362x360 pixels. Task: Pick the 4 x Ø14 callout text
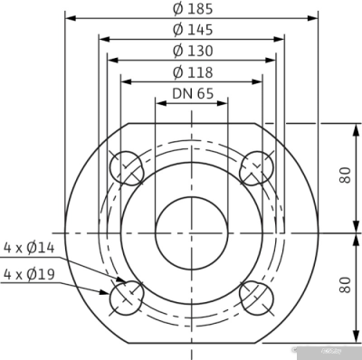(x=30, y=246)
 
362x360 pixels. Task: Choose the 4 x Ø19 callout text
(x=30, y=272)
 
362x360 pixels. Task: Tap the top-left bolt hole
(x=126, y=168)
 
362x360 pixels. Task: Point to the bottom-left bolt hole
(x=126, y=296)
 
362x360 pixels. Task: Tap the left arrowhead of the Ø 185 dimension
(x=71, y=17)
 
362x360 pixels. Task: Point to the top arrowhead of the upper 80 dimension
(x=352, y=128)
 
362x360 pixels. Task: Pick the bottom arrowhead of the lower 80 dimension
(x=352, y=339)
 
